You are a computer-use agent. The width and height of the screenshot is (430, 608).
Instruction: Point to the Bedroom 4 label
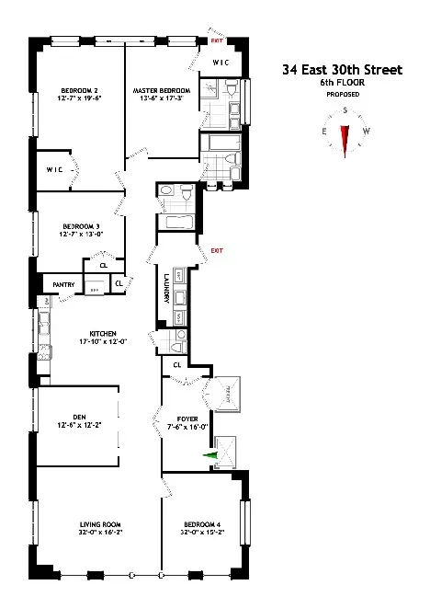pyautogui.click(x=202, y=527)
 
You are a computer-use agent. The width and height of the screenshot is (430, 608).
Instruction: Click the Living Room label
pyautogui.click(x=99, y=527)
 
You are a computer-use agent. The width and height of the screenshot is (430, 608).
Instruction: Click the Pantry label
pyautogui.click(x=63, y=284)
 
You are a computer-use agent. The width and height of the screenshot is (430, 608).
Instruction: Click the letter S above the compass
pyautogui.click(x=345, y=109)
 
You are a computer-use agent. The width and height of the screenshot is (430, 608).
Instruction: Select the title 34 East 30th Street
pyautogui.click(x=343, y=69)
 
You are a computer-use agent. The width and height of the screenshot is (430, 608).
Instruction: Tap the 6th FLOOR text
pyautogui.click(x=343, y=82)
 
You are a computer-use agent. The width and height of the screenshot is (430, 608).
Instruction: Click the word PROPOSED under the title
pyautogui.click(x=343, y=94)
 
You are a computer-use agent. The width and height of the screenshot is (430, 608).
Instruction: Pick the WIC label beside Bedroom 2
pyautogui.click(x=54, y=169)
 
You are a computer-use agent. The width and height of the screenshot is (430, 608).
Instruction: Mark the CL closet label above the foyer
pyautogui.click(x=176, y=365)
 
